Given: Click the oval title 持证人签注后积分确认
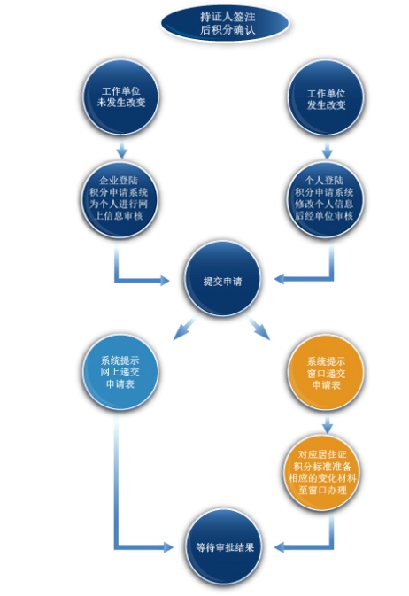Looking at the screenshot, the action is (x=225, y=23).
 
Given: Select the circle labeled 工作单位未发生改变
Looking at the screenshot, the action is (x=121, y=97).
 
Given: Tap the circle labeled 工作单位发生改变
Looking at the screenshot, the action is (x=326, y=98).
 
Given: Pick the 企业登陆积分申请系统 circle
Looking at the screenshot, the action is (x=120, y=199).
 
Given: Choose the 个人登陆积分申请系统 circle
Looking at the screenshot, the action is (x=325, y=199).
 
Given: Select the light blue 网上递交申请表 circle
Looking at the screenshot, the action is (x=120, y=372).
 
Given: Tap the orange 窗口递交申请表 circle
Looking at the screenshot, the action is (x=326, y=373).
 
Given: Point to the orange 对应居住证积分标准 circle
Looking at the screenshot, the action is (x=322, y=472).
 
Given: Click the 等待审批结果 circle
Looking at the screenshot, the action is (x=224, y=547).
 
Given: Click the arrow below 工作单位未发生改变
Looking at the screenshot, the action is (x=121, y=151).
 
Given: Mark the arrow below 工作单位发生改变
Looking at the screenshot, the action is (x=328, y=151).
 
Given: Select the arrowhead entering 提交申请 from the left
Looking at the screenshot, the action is (x=164, y=281).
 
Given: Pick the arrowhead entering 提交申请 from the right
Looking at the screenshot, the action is (x=280, y=279).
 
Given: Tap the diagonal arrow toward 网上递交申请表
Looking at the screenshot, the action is (x=186, y=328).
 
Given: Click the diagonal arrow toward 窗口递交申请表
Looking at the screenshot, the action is (x=258, y=328).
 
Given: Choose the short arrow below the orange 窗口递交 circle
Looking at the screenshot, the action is (x=328, y=424).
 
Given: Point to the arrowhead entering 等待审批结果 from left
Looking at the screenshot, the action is (x=168, y=547).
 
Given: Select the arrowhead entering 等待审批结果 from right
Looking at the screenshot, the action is (x=280, y=547).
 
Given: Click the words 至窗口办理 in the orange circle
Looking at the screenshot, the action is (x=323, y=490).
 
